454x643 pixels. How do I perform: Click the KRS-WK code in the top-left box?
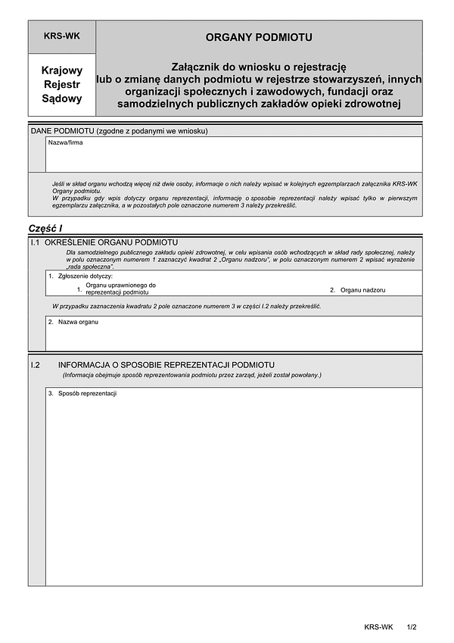[x=62, y=36]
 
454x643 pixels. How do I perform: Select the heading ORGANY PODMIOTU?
[x=259, y=36]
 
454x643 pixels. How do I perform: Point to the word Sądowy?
[x=62, y=98]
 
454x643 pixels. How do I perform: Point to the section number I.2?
[x=35, y=364]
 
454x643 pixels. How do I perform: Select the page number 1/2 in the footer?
[x=412, y=627]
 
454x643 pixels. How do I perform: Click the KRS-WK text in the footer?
[x=378, y=627]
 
